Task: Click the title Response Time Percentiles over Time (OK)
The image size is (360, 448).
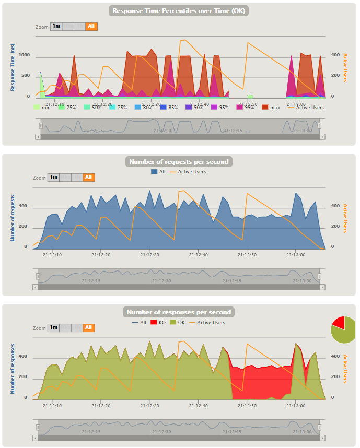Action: (180, 11)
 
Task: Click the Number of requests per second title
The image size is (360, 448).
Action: (180, 162)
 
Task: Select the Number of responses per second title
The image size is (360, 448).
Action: (180, 312)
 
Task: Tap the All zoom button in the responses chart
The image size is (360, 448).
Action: (89, 328)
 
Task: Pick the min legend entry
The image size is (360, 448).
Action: (42, 107)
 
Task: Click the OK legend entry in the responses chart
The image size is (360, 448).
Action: (178, 322)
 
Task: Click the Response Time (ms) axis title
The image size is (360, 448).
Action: (13, 67)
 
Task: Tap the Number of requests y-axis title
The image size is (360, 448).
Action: (13, 218)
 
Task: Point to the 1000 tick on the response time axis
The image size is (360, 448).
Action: (24, 55)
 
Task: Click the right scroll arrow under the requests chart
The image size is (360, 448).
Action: (322, 287)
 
